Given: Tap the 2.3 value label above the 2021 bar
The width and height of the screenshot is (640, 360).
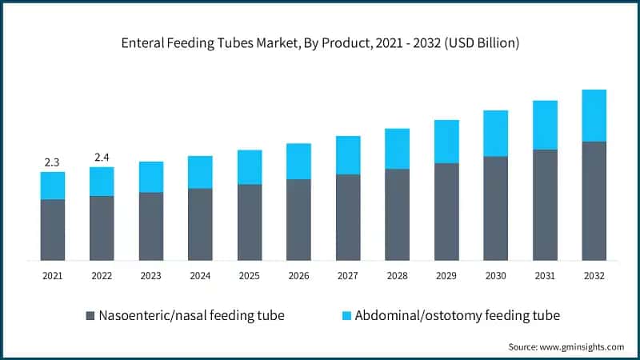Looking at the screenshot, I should tap(52, 162).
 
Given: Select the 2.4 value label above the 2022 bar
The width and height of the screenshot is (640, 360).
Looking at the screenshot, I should tap(102, 157).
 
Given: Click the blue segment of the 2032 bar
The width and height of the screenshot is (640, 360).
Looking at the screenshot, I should tap(594, 115).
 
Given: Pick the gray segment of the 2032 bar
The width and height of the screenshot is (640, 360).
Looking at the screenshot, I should tap(594, 201).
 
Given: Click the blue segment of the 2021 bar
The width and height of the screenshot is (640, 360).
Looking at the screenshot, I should tap(52, 186).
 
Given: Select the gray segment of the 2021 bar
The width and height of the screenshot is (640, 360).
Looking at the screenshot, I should tap(52, 230).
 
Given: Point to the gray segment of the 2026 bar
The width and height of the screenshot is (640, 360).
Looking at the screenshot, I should tap(298, 220).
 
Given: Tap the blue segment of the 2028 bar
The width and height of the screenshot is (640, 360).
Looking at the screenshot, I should tap(397, 149).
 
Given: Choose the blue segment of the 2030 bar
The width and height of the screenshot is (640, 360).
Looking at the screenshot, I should tap(495, 134).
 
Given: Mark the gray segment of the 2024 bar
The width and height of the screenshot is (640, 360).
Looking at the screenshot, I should tap(200, 225).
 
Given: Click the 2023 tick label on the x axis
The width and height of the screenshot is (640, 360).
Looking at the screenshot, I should tap(150, 275).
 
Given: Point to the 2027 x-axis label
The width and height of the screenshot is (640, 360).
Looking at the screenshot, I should tap(348, 275).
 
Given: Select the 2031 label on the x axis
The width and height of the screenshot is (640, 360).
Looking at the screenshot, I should tap(545, 275).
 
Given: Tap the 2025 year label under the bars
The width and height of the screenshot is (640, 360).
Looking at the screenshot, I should tap(250, 275).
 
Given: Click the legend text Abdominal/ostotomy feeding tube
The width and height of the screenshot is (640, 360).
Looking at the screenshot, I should tap(457, 315).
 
